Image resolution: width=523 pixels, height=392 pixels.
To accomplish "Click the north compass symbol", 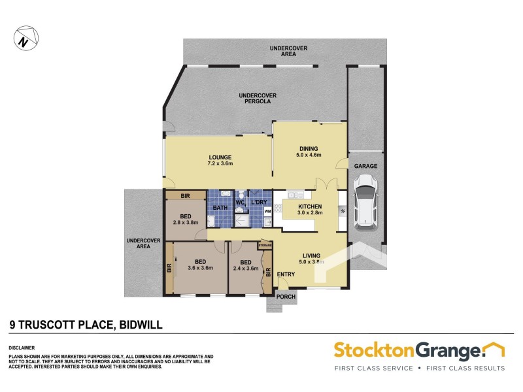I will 25,38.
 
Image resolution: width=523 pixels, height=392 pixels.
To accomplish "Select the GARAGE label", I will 366,167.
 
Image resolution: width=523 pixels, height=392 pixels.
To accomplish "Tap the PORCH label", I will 286,296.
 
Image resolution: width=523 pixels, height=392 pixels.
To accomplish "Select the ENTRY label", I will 286,274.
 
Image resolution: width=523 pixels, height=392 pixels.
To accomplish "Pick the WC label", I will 239,203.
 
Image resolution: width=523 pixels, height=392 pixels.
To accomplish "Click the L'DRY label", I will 258,203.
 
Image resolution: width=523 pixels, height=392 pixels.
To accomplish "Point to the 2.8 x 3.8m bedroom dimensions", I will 186,223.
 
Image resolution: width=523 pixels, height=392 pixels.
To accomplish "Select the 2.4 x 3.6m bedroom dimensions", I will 245,268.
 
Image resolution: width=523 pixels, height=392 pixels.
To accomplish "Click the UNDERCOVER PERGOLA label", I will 258,99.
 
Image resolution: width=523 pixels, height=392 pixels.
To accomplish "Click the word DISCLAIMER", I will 22,347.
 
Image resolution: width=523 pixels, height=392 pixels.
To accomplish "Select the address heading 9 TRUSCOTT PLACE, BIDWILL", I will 86,323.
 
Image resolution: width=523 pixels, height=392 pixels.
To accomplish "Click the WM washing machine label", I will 267,212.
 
